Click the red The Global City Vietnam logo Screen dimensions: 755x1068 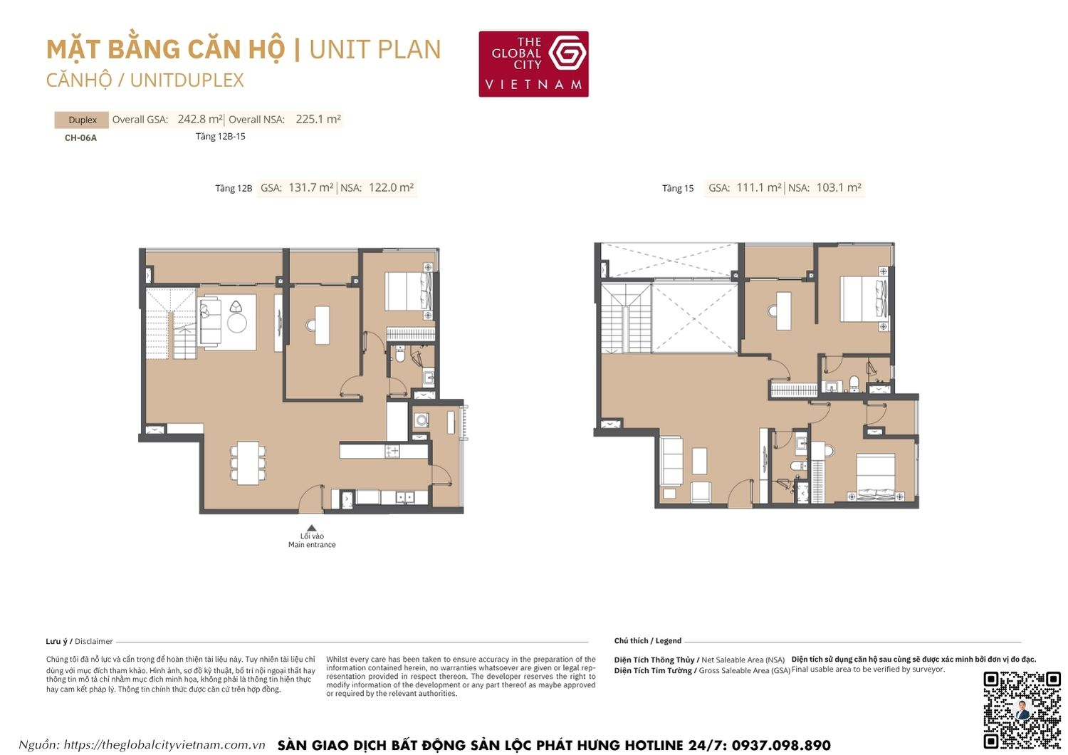tap(533, 63)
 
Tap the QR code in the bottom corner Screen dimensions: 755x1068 tap(1022, 709)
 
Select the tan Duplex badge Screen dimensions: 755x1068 tap(82, 120)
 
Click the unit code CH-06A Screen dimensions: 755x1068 tap(80, 137)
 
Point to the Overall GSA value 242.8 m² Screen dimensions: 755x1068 tap(200, 120)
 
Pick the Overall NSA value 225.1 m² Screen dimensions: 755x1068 tap(318, 120)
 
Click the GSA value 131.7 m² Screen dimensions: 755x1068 tap(310, 188)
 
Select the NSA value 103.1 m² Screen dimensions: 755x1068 tap(839, 188)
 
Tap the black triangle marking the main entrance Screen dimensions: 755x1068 tap(311, 528)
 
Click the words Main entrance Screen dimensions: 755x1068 tap(312, 545)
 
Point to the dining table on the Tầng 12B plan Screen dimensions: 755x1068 tap(248, 463)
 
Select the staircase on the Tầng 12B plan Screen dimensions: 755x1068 tap(171, 324)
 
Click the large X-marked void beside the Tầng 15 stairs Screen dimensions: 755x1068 tap(695, 318)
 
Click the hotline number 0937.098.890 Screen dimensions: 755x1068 tap(780, 745)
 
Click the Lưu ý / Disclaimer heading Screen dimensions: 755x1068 tap(79, 641)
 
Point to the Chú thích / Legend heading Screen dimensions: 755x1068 tap(647, 641)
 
